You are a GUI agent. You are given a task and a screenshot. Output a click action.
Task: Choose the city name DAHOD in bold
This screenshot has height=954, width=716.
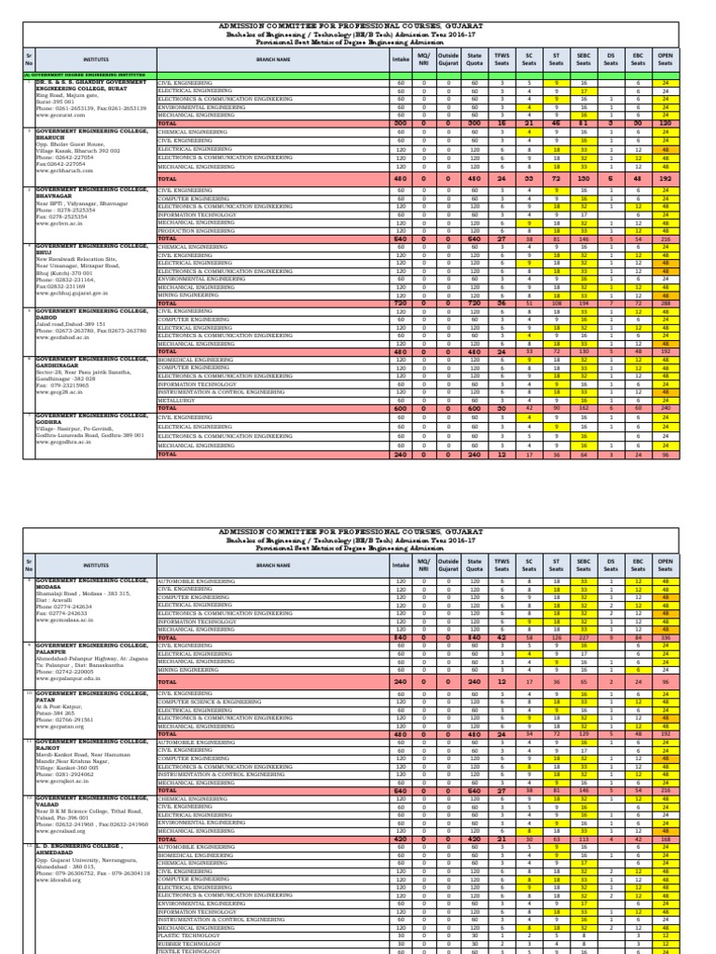coord(48,316)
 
